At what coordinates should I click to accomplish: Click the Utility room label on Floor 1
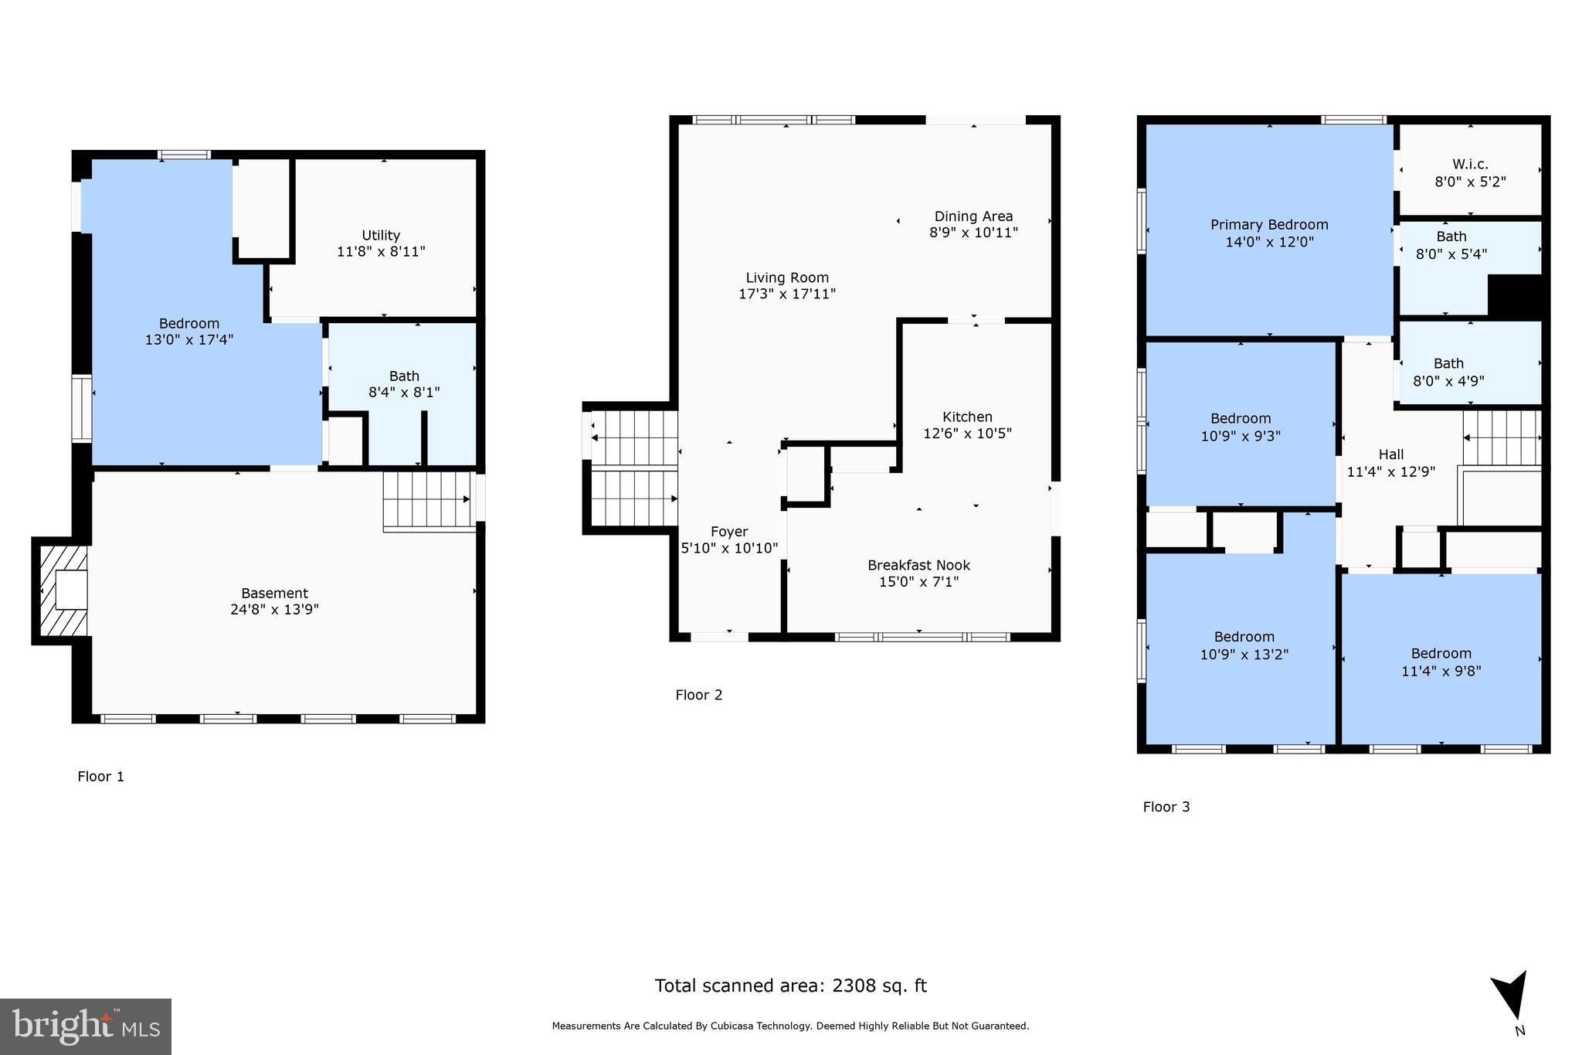click(x=381, y=235)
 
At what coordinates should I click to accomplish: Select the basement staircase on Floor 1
click(x=428, y=500)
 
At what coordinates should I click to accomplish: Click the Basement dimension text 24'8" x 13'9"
click(x=274, y=609)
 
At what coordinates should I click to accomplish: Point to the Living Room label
click(x=787, y=277)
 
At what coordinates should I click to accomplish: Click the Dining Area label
click(x=973, y=216)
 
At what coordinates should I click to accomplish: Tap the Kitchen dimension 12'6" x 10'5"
click(x=967, y=434)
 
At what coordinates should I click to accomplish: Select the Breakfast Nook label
click(x=918, y=565)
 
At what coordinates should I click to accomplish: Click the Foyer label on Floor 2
click(x=729, y=531)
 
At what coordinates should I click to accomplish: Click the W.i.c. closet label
click(x=1470, y=164)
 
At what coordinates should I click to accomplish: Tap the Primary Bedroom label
click(x=1269, y=224)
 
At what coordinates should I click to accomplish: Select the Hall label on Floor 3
click(x=1390, y=454)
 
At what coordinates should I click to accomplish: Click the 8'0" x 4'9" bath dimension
click(x=1448, y=380)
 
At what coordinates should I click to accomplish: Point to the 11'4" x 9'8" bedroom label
click(x=1441, y=671)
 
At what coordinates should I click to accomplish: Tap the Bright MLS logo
click(x=86, y=1026)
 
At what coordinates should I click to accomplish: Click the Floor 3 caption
click(x=1166, y=807)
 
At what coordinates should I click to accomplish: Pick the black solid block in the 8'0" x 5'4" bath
click(x=1514, y=295)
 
